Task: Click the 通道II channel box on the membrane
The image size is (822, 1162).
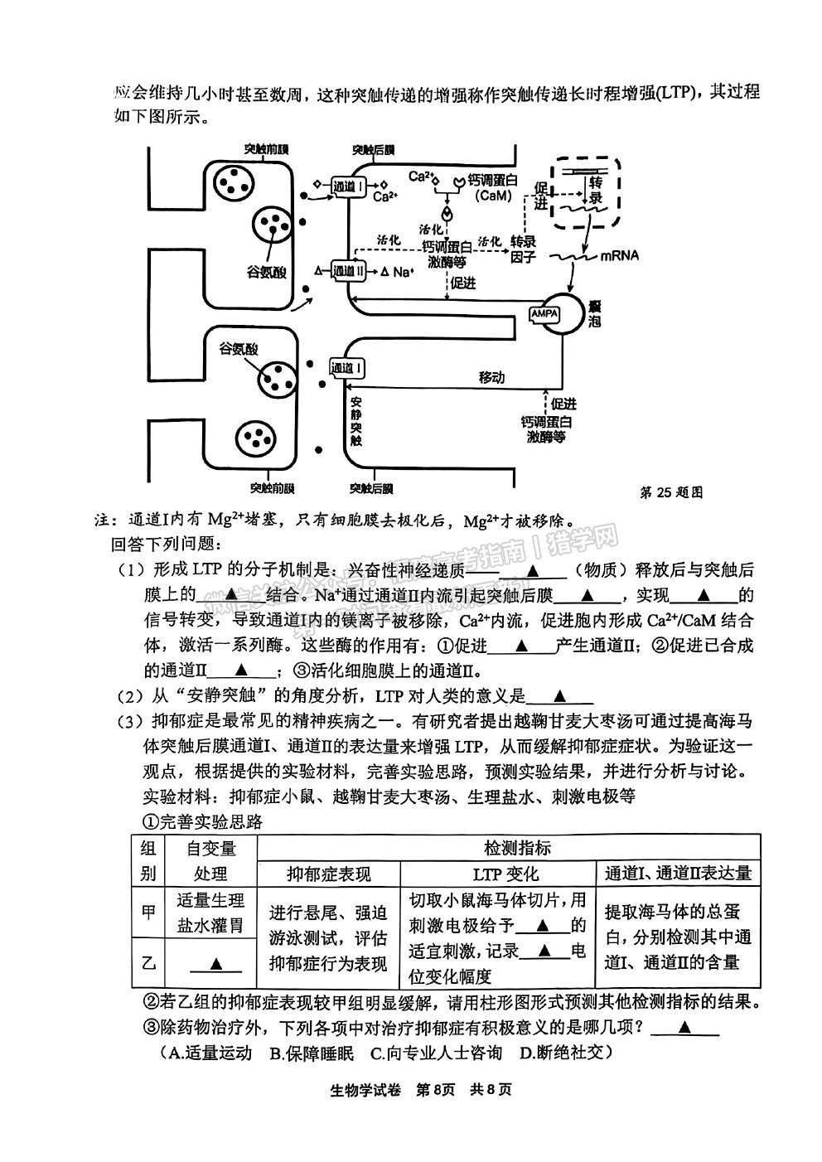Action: coord(348,271)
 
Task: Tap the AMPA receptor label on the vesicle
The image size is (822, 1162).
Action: coord(544,314)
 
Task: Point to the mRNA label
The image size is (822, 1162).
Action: coord(620,255)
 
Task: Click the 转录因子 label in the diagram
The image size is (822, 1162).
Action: coord(523,249)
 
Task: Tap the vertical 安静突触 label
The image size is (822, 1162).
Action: coord(355,422)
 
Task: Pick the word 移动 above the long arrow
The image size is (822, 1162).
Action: coord(491,377)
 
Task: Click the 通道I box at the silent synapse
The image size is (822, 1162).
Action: coord(347,368)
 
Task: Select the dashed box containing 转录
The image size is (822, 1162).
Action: coord(586,192)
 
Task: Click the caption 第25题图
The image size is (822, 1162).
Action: coord(671,492)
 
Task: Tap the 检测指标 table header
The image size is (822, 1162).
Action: coord(509,848)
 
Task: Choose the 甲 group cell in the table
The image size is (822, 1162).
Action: coord(148,912)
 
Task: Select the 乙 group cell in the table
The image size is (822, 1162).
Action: coord(148,962)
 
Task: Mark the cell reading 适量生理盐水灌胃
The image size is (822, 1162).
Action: coord(210,912)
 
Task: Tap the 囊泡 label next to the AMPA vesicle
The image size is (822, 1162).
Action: coord(594,313)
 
